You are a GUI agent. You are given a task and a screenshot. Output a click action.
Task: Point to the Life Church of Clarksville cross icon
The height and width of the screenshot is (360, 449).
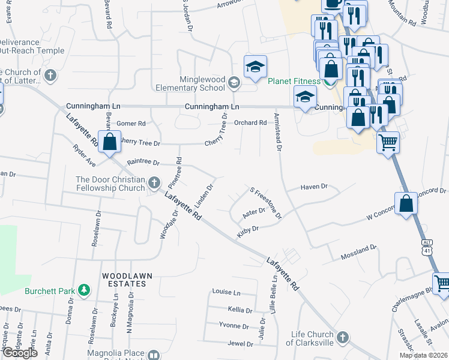[343, 337]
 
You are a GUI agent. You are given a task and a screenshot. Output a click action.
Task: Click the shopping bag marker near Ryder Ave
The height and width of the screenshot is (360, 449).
[109, 143]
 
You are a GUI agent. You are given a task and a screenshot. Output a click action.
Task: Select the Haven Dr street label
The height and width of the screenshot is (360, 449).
[315, 187]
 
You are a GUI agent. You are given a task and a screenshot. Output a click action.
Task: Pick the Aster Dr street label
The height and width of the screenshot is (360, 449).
[253, 212]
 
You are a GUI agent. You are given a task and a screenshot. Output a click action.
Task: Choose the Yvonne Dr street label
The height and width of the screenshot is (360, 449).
[234, 326]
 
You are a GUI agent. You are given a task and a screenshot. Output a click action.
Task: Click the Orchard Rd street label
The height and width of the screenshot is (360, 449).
[250, 123]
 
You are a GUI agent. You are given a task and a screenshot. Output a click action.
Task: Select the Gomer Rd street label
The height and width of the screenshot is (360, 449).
[131, 124]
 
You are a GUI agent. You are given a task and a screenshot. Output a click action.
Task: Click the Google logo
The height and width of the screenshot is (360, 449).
[20, 353]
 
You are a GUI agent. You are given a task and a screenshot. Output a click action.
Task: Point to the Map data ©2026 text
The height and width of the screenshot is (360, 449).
[423, 355]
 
